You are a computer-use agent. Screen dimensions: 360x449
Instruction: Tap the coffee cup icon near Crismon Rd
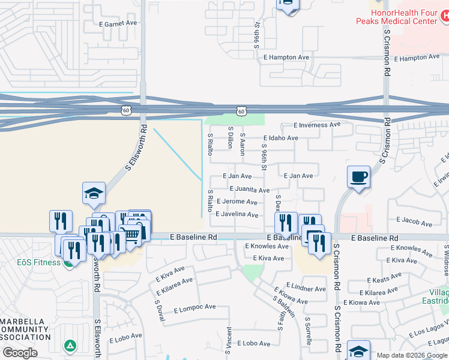pyautogui.click(x=358, y=176)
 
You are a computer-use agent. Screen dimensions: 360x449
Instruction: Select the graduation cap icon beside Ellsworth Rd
pyautogui.click(x=94, y=193)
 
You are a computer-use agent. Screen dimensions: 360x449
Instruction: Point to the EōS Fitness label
pyautogui.click(x=38, y=262)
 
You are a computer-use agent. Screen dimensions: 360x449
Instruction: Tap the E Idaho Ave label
pyautogui.click(x=280, y=138)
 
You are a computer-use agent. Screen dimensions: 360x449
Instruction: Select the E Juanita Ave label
pyautogui.click(x=249, y=190)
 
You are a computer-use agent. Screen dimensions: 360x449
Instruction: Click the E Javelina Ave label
pyautogui.click(x=237, y=214)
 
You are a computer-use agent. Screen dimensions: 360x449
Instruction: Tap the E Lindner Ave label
pyautogui.click(x=306, y=289)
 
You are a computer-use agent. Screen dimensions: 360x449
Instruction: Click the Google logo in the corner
pyautogui.click(x=19, y=353)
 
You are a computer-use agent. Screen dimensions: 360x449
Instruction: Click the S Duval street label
pyautogui.click(x=160, y=310)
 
